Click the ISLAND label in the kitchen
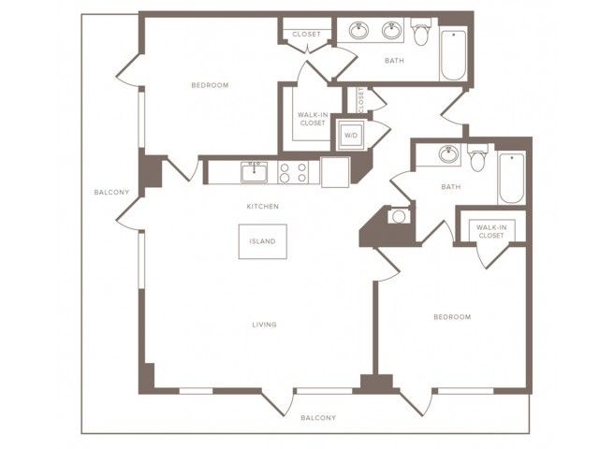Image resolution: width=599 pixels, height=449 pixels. [x=262, y=241]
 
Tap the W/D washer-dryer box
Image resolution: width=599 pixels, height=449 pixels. [x=351, y=135]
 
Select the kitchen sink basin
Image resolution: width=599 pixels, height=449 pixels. [x=254, y=172]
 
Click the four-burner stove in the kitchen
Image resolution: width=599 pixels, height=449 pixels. [x=293, y=172]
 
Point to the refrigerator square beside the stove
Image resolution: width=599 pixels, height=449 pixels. [x=335, y=172]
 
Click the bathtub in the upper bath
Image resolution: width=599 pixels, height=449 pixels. [x=453, y=53]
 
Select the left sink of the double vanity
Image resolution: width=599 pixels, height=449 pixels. [x=359, y=31]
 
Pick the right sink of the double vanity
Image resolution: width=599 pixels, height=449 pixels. [x=391, y=31]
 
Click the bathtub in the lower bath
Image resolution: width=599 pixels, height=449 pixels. [x=512, y=178]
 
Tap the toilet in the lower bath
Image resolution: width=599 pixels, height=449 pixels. [x=478, y=158]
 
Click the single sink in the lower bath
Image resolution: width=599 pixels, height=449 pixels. [x=448, y=153]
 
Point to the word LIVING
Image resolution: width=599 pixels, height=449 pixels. [x=264, y=325]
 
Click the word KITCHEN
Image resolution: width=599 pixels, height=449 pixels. [x=263, y=206]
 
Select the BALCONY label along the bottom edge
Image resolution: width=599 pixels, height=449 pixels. [x=318, y=418]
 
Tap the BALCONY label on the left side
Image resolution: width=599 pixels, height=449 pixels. [x=111, y=192]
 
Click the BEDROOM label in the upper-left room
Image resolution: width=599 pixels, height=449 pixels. [x=210, y=85]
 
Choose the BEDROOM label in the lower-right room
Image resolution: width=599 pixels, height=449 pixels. [x=452, y=317]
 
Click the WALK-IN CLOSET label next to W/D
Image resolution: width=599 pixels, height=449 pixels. [x=313, y=119]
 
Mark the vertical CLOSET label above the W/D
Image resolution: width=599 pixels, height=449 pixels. [x=361, y=100]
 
